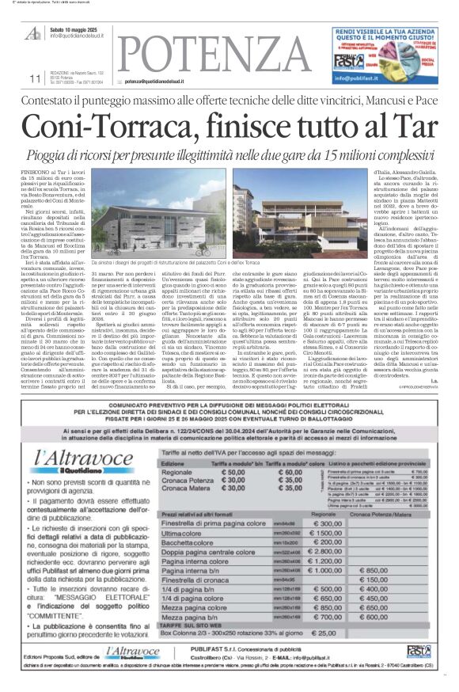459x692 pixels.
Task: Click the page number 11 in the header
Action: (35, 78)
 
